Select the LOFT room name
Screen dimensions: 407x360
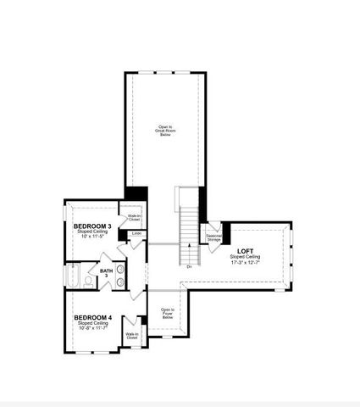click(246, 251)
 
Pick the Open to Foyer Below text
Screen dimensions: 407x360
click(167, 314)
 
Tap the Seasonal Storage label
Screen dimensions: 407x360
click(213, 238)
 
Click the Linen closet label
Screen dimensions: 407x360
click(136, 234)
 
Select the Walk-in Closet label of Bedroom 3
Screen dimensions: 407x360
click(134, 218)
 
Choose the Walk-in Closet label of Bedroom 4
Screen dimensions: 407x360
click(132, 337)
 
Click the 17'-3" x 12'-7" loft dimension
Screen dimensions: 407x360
click(246, 263)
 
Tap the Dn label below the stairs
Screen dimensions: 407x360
click(189, 267)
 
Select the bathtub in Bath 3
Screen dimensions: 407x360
click(75, 276)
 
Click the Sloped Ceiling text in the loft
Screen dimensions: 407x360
click(246, 257)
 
